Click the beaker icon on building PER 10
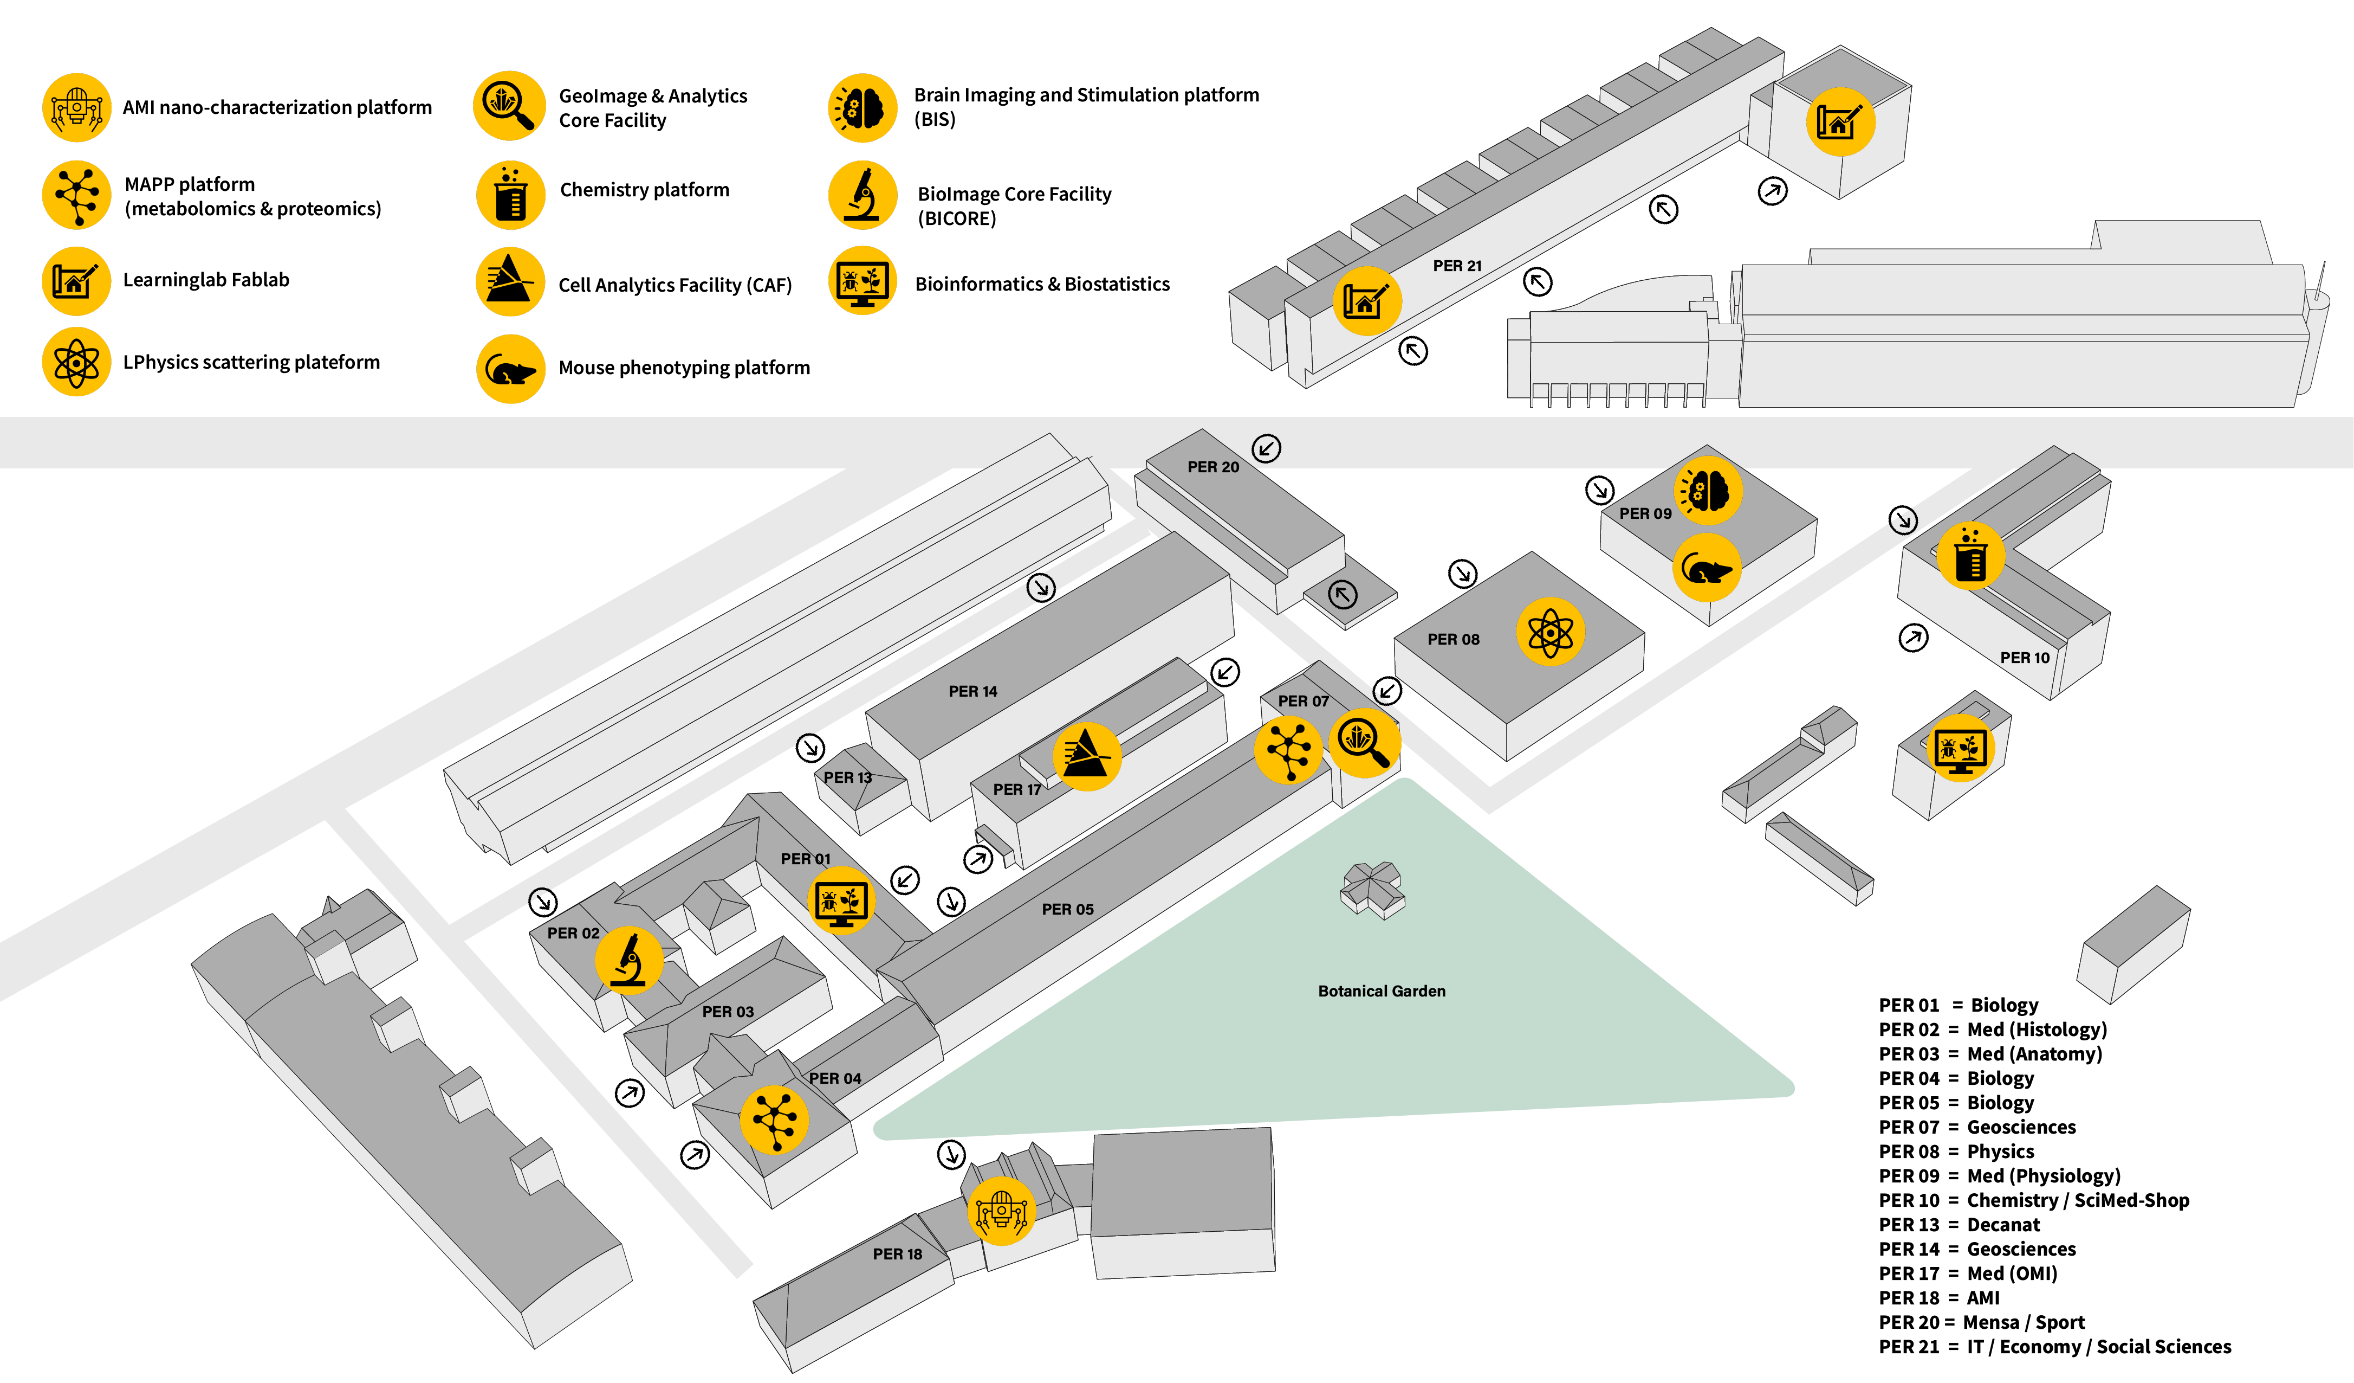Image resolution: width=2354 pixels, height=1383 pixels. (x=1970, y=556)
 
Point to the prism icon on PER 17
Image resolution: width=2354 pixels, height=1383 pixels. (x=1086, y=756)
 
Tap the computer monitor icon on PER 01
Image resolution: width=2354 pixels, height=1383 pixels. (x=841, y=901)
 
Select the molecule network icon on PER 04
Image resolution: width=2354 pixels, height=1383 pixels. (x=774, y=1120)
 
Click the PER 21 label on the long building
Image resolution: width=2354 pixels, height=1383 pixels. (x=1456, y=266)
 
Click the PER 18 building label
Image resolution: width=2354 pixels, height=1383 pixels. (x=897, y=1254)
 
